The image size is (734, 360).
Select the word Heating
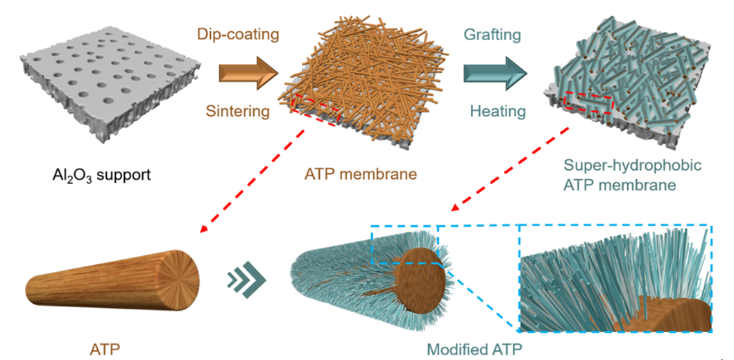497,110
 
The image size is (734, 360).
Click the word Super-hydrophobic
623,166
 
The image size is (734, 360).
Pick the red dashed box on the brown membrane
315,110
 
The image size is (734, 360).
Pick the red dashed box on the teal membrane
588,103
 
